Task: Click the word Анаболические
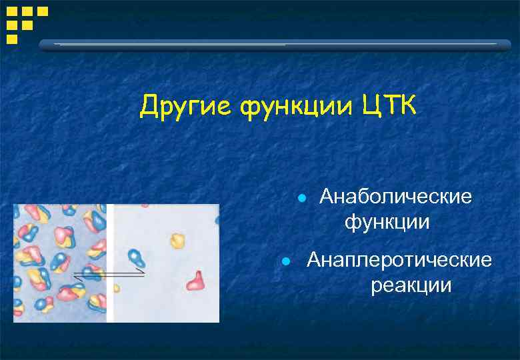pos(395,197)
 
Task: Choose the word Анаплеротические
pos(399,260)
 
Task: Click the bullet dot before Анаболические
pos(302,199)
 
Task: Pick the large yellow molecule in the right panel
pos(177,240)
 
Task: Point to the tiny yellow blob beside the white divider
pos(117,288)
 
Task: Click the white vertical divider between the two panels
pos(110,263)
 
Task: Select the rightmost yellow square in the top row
pos(42,11)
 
